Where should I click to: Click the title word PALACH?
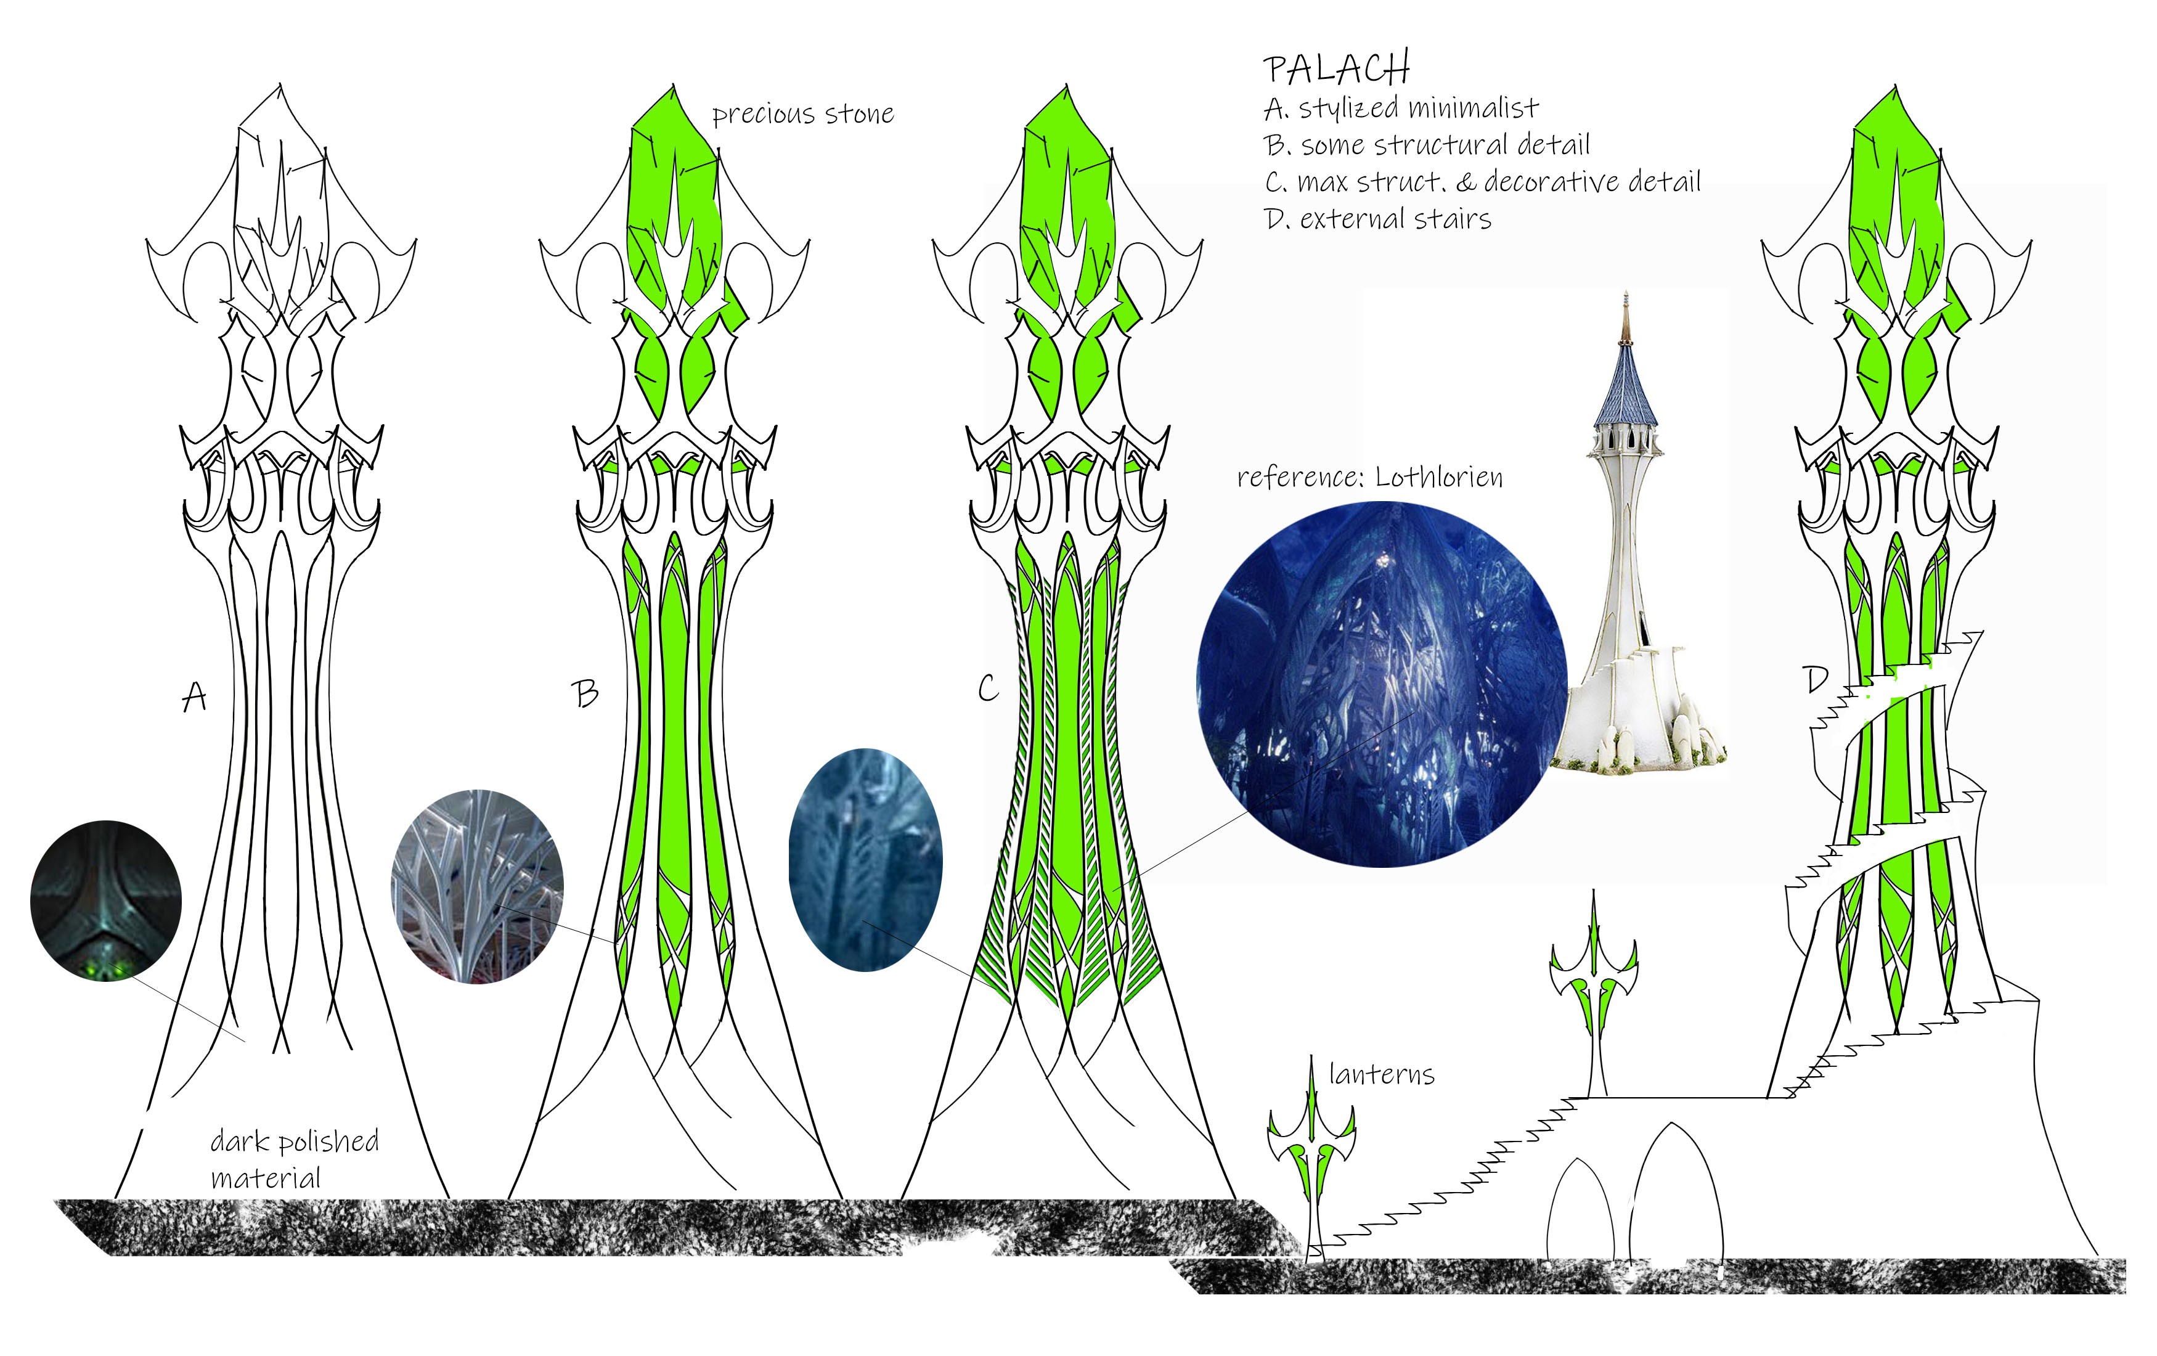click(x=1337, y=68)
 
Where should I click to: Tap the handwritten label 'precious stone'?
click(x=802, y=115)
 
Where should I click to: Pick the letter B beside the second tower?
click(x=585, y=693)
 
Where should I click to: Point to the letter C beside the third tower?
click(x=987, y=688)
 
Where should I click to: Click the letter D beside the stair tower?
click(x=1816, y=680)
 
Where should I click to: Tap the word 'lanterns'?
click(x=1381, y=1074)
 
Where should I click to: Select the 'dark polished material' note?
click(x=294, y=1159)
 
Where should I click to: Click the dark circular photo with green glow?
click(x=106, y=900)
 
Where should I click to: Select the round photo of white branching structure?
click(x=478, y=887)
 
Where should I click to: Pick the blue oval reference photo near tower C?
click(x=865, y=860)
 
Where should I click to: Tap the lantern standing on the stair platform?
click(x=1594, y=994)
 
